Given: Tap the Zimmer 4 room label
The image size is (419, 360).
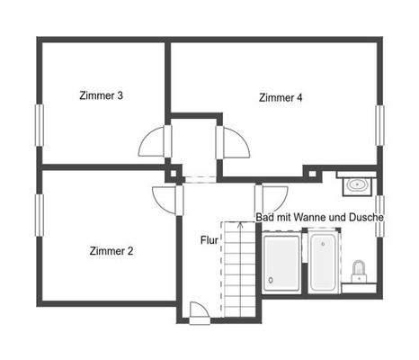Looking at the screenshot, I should pos(280,97).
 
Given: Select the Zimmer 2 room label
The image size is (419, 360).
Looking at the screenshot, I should pos(111,251).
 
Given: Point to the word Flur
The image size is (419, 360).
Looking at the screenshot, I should pos(209,241).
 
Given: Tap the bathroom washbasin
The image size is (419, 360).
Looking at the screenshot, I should pos(357,185).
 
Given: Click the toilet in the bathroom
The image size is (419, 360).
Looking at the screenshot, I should pos(360,270).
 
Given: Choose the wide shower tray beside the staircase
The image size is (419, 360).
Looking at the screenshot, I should pos(282,263).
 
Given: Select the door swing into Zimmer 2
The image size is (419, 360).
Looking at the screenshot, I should pos(165,199).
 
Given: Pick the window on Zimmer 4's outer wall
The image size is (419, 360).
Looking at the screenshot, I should pos(379,127).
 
